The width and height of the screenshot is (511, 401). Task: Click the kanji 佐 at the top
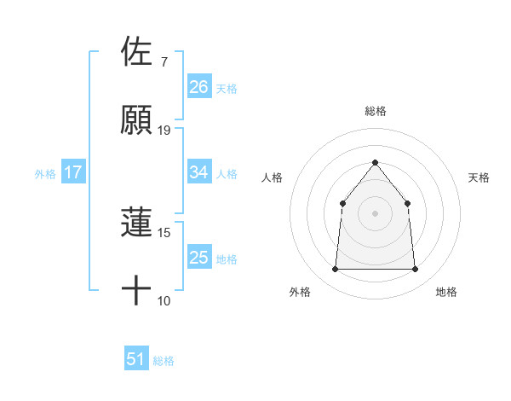(137, 50)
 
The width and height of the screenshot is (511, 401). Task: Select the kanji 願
(137, 119)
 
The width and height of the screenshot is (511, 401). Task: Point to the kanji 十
(137, 291)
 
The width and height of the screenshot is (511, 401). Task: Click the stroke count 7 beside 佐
(164, 62)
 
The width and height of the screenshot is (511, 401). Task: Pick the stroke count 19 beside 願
(164, 131)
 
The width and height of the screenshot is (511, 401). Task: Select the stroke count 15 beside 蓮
(164, 232)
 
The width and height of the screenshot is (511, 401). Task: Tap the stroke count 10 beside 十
(164, 300)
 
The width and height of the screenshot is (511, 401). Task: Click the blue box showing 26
(199, 87)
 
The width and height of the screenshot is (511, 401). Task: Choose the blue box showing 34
(199, 172)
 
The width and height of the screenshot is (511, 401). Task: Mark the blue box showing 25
(199, 258)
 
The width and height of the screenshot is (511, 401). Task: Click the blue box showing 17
(73, 172)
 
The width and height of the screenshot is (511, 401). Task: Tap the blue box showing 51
(136, 359)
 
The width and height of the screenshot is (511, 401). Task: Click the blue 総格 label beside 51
(164, 361)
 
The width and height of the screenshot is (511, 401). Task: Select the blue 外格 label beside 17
(45, 174)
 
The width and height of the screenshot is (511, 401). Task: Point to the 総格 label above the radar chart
(375, 111)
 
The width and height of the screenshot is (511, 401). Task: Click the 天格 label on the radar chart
(479, 177)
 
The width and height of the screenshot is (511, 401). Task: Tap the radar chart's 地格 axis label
(446, 292)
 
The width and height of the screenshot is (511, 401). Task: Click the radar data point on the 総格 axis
(375, 162)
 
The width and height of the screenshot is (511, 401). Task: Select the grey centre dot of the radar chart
(375, 212)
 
